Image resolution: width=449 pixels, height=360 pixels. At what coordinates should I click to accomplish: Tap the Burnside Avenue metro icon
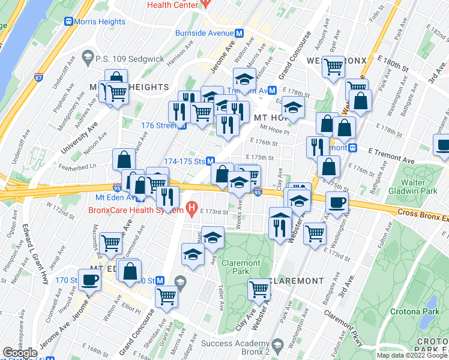pos(239,34)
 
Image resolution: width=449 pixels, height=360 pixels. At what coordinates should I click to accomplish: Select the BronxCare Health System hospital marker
pos(191,209)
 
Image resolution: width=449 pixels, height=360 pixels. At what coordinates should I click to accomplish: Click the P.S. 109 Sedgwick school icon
pos(88,58)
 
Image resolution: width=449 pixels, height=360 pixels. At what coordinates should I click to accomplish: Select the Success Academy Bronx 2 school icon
pos(277,344)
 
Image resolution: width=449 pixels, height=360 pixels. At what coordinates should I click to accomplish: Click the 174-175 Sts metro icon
pos(211,161)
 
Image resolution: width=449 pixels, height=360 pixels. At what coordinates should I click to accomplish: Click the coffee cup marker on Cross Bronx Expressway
pos(337,202)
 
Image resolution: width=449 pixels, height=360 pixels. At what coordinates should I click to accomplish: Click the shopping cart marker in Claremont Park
pos(259,289)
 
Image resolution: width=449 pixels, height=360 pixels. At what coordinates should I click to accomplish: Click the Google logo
pos(20,353)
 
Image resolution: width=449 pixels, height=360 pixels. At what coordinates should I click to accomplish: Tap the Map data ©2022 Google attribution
pos(411,355)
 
